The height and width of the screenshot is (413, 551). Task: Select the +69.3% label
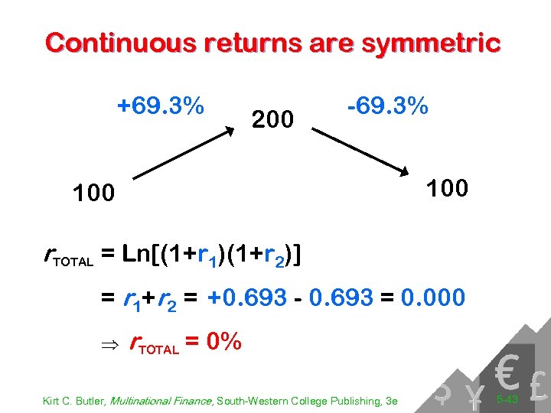click(x=160, y=105)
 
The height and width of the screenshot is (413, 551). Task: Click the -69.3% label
click(x=387, y=106)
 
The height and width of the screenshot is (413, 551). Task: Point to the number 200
click(x=272, y=119)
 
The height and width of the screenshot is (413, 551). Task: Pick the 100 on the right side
click(x=447, y=187)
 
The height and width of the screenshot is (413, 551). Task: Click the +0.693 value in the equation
click(x=246, y=297)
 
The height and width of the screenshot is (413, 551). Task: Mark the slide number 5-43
click(x=507, y=399)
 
